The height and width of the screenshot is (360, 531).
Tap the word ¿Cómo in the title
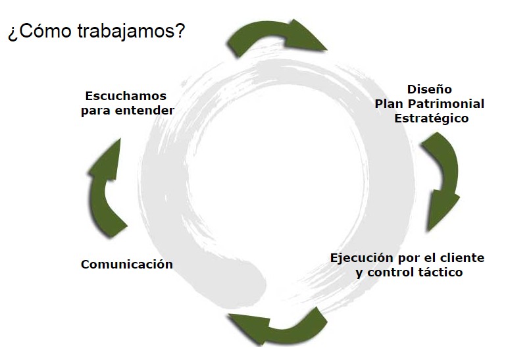click(39, 31)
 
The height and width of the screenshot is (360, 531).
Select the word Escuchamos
click(126, 96)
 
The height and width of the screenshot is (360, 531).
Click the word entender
click(145, 111)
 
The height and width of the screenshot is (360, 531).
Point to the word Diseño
click(430, 89)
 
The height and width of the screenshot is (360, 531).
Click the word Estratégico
click(432, 118)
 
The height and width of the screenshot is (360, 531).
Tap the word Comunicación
click(127, 264)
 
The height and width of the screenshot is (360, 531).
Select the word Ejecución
click(362, 258)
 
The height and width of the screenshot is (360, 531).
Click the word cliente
click(462, 258)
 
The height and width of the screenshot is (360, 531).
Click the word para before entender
click(96, 111)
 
